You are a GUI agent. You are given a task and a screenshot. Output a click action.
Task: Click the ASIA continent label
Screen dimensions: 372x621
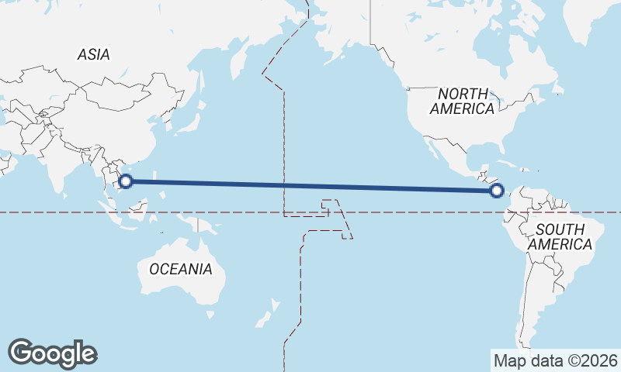tap(93, 54)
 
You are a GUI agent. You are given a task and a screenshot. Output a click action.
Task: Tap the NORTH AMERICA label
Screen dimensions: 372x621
tap(463, 101)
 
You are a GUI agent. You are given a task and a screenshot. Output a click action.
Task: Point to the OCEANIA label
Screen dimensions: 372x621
tap(180, 269)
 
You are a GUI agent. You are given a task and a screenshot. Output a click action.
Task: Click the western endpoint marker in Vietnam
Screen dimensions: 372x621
tap(126, 181)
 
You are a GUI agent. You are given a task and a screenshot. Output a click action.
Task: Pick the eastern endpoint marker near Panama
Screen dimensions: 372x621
tap(498, 190)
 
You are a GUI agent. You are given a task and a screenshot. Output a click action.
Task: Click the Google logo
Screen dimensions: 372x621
tap(52, 353)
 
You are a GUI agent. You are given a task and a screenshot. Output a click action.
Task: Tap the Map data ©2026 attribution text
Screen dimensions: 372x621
tap(555, 360)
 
